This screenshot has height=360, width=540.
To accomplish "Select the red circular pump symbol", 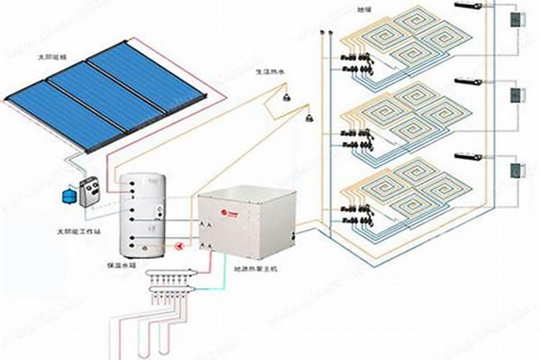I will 179,246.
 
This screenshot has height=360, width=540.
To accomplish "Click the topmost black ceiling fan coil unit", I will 469,6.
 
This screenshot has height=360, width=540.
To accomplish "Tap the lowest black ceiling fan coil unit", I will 470,156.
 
